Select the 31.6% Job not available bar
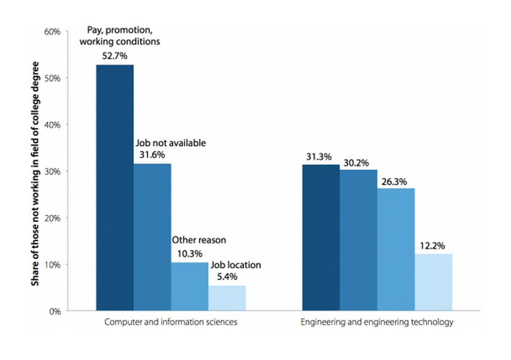(x=152, y=237)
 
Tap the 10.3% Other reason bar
(x=190, y=286)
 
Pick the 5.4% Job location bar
(x=227, y=298)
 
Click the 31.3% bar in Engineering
(x=321, y=238)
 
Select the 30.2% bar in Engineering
(x=358, y=240)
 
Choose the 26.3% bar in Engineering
(x=396, y=250)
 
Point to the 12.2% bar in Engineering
(x=433, y=282)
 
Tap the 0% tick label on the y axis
(x=55, y=311)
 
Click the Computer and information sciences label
(x=171, y=322)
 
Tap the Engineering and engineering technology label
(x=377, y=322)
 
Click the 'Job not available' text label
(x=170, y=143)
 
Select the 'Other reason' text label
(x=199, y=240)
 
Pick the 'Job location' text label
(x=236, y=265)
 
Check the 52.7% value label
(x=115, y=56)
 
